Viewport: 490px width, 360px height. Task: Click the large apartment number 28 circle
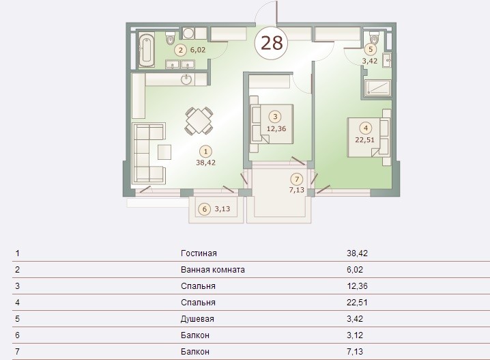pyautogui.click(x=271, y=43)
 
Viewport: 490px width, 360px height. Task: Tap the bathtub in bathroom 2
pyautogui.click(x=146, y=50)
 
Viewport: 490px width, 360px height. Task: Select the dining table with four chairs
pyautogui.click(x=199, y=121)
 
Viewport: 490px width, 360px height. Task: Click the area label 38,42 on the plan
pyautogui.click(x=205, y=163)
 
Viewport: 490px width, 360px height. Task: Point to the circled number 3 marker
pyautogui.click(x=275, y=117)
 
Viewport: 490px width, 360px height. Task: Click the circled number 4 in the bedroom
pyautogui.click(x=366, y=128)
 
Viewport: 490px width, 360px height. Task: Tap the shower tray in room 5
pyautogui.click(x=378, y=87)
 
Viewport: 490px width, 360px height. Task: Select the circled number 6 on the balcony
pyautogui.click(x=205, y=209)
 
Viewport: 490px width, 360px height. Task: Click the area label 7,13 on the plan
pyautogui.click(x=297, y=190)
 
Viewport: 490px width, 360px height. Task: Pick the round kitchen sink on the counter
pyautogui.click(x=186, y=79)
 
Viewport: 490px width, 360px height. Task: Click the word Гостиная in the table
pyautogui.click(x=199, y=253)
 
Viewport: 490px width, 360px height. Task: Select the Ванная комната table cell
pyautogui.click(x=212, y=270)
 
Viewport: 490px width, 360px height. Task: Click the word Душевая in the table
pyautogui.click(x=197, y=319)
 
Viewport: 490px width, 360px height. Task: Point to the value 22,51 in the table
pyautogui.click(x=357, y=303)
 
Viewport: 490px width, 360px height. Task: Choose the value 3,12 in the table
pyautogui.click(x=355, y=335)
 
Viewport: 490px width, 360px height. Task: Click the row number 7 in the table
pyautogui.click(x=17, y=352)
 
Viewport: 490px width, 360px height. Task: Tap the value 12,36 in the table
pyautogui.click(x=357, y=286)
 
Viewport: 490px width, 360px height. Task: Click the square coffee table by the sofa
pyautogui.click(x=164, y=152)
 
